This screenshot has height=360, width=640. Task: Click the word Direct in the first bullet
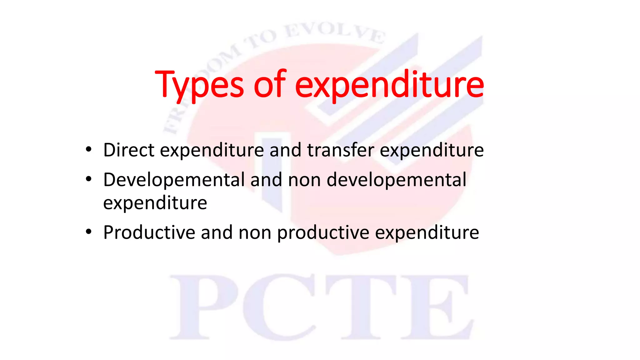(x=129, y=150)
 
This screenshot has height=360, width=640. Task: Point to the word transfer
(x=341, y=150)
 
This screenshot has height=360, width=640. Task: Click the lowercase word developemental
(x=396, y=180)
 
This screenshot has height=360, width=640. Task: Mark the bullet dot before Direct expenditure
(x=89, y=150)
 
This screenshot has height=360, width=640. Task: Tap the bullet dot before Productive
(x=89, y=232)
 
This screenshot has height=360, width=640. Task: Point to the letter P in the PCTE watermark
(x=203, y=307)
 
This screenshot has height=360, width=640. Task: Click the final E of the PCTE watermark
(x=437, y=307)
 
